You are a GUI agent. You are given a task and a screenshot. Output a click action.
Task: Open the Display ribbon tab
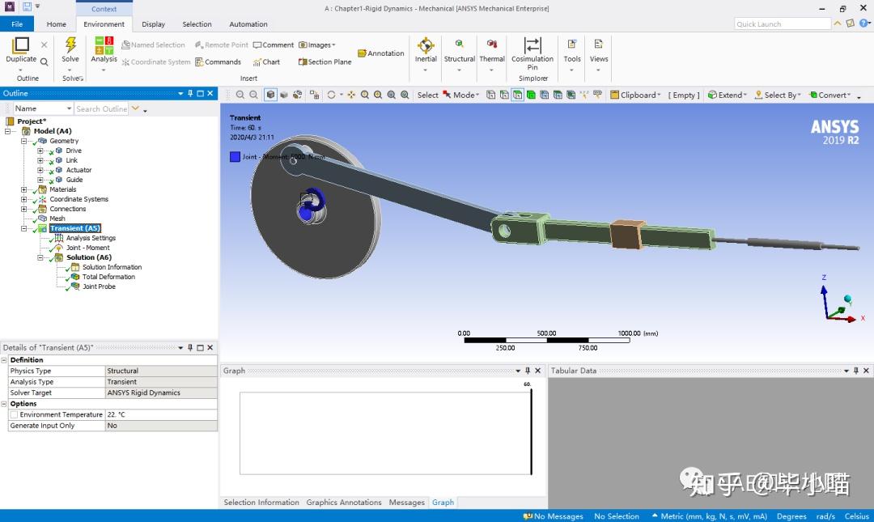pos(153,24)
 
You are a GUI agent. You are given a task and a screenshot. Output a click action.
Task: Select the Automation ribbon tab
pos(248,24)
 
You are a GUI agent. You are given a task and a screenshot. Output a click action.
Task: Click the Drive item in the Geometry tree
pos(73,151)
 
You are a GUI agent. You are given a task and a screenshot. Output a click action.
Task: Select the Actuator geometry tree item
pos(78,170)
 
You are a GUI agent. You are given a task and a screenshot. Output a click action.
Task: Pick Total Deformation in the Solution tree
pos(108,277)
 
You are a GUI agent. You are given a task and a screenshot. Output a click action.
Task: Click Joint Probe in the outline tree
pos(99,286)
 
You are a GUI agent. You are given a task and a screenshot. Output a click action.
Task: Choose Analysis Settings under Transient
pos(91,238)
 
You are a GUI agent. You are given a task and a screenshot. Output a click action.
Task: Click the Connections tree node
pos(67,209)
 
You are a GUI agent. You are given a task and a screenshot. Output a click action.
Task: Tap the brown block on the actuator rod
pos(625,233)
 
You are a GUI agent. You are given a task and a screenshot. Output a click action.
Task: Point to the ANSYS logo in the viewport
pos(834,131)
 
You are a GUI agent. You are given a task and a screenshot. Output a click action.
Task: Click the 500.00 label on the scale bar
pos(546,333)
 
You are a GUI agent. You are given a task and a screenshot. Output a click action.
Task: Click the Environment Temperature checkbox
pos(14,414)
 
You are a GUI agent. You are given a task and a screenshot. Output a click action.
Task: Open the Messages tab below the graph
pos(406,503)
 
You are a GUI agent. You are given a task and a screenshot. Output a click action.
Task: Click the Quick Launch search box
pos(782,24)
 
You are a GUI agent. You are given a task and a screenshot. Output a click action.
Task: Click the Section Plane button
pos(325,62)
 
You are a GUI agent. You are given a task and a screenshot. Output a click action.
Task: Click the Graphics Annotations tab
pos(344,503)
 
